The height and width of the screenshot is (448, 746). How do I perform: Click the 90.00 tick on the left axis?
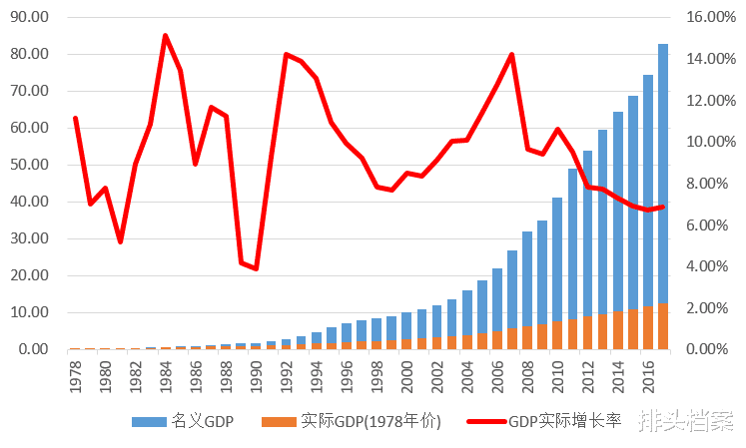click(x=28, y=17)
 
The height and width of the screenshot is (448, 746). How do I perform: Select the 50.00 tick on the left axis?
click(x=28, y=165)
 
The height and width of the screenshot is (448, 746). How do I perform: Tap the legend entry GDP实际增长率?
click(x=564, y=421)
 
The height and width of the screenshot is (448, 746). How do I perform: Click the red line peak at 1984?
click(x=165, y=36)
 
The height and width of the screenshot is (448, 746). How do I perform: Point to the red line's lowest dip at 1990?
click(x=256, y=268)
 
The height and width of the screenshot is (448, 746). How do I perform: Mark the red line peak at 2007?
click(x=511, y=55)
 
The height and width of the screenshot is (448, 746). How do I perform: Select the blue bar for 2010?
click(x=557, y=259)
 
